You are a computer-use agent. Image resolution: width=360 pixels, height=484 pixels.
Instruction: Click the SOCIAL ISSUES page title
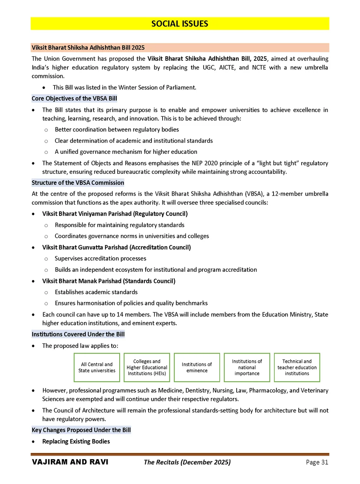pyautogui.click(x=180, y=24)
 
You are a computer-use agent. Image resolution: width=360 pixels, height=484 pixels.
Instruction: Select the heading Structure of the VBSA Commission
pyautogui.click(x=78, y=182)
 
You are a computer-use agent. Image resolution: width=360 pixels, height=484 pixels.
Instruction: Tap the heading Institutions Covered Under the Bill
pyautogui.click(x=78, y=334)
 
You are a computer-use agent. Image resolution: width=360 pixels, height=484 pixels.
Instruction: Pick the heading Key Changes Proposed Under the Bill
pyautogui.click(x=81, y=430)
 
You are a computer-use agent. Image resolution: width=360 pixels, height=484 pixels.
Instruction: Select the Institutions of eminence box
pyautogui.click(x=197, y=367)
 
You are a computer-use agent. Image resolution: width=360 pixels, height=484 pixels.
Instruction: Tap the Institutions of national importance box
pyautogui.click(x=247, y=367)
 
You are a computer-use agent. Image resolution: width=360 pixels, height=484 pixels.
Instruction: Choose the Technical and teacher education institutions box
pyautogui.click(x=297, y=367)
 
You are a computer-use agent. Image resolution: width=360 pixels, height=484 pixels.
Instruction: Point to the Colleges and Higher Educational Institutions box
pyautogui.click(x=147, y=367)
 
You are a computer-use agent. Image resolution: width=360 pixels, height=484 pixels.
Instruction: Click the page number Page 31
pyautogui.click(x=317, y=462)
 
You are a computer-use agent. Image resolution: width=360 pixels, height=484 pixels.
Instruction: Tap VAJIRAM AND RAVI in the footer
pyautogui.click(x=70, y=462)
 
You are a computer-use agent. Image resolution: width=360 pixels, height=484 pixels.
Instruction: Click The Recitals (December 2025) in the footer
pyautogui.click(x=187, y=462)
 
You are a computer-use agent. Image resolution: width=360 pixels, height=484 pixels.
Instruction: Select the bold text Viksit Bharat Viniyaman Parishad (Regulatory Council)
pyautogui.click(x=115, y=214)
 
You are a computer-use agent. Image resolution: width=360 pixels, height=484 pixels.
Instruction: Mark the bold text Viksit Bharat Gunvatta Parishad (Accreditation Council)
pyautogui.click(x=116, y=247)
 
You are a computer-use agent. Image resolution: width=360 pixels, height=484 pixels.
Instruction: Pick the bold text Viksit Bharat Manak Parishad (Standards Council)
pyautogui.click(x=109, y=281)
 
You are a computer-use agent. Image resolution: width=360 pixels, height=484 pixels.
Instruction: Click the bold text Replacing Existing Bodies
pyautogui.click(x=76, y=441)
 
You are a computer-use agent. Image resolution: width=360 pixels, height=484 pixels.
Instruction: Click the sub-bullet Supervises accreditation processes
pyautogui.click(x=100, y=259)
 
